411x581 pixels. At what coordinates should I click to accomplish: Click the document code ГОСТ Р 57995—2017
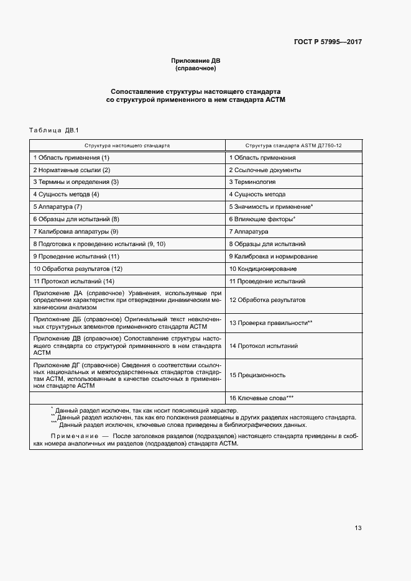[x=328, y=42]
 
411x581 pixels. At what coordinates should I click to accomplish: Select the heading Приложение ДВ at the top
[x=195, y=60]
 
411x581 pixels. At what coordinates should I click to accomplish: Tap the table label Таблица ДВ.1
[x=52, y=130]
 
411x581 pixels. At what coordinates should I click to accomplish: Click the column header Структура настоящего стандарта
[x=127, y=145]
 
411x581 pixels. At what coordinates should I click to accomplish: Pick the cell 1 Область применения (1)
[x=72, y=158]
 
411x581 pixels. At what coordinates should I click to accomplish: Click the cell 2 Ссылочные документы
[x=265, y=170]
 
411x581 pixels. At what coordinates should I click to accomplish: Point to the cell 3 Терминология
[x=252, y=182]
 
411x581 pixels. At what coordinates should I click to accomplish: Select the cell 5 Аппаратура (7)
[x=58, y=206]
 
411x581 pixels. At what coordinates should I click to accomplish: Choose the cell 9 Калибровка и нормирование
[x=273, y=256]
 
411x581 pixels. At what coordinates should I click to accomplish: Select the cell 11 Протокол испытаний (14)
[x=74, y=281]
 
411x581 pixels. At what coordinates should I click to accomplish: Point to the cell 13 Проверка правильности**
[x=270, y=323]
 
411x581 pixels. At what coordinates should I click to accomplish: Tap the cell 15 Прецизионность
[x=257, y=375]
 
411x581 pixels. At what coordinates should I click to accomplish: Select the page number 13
[x=358, y=528]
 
